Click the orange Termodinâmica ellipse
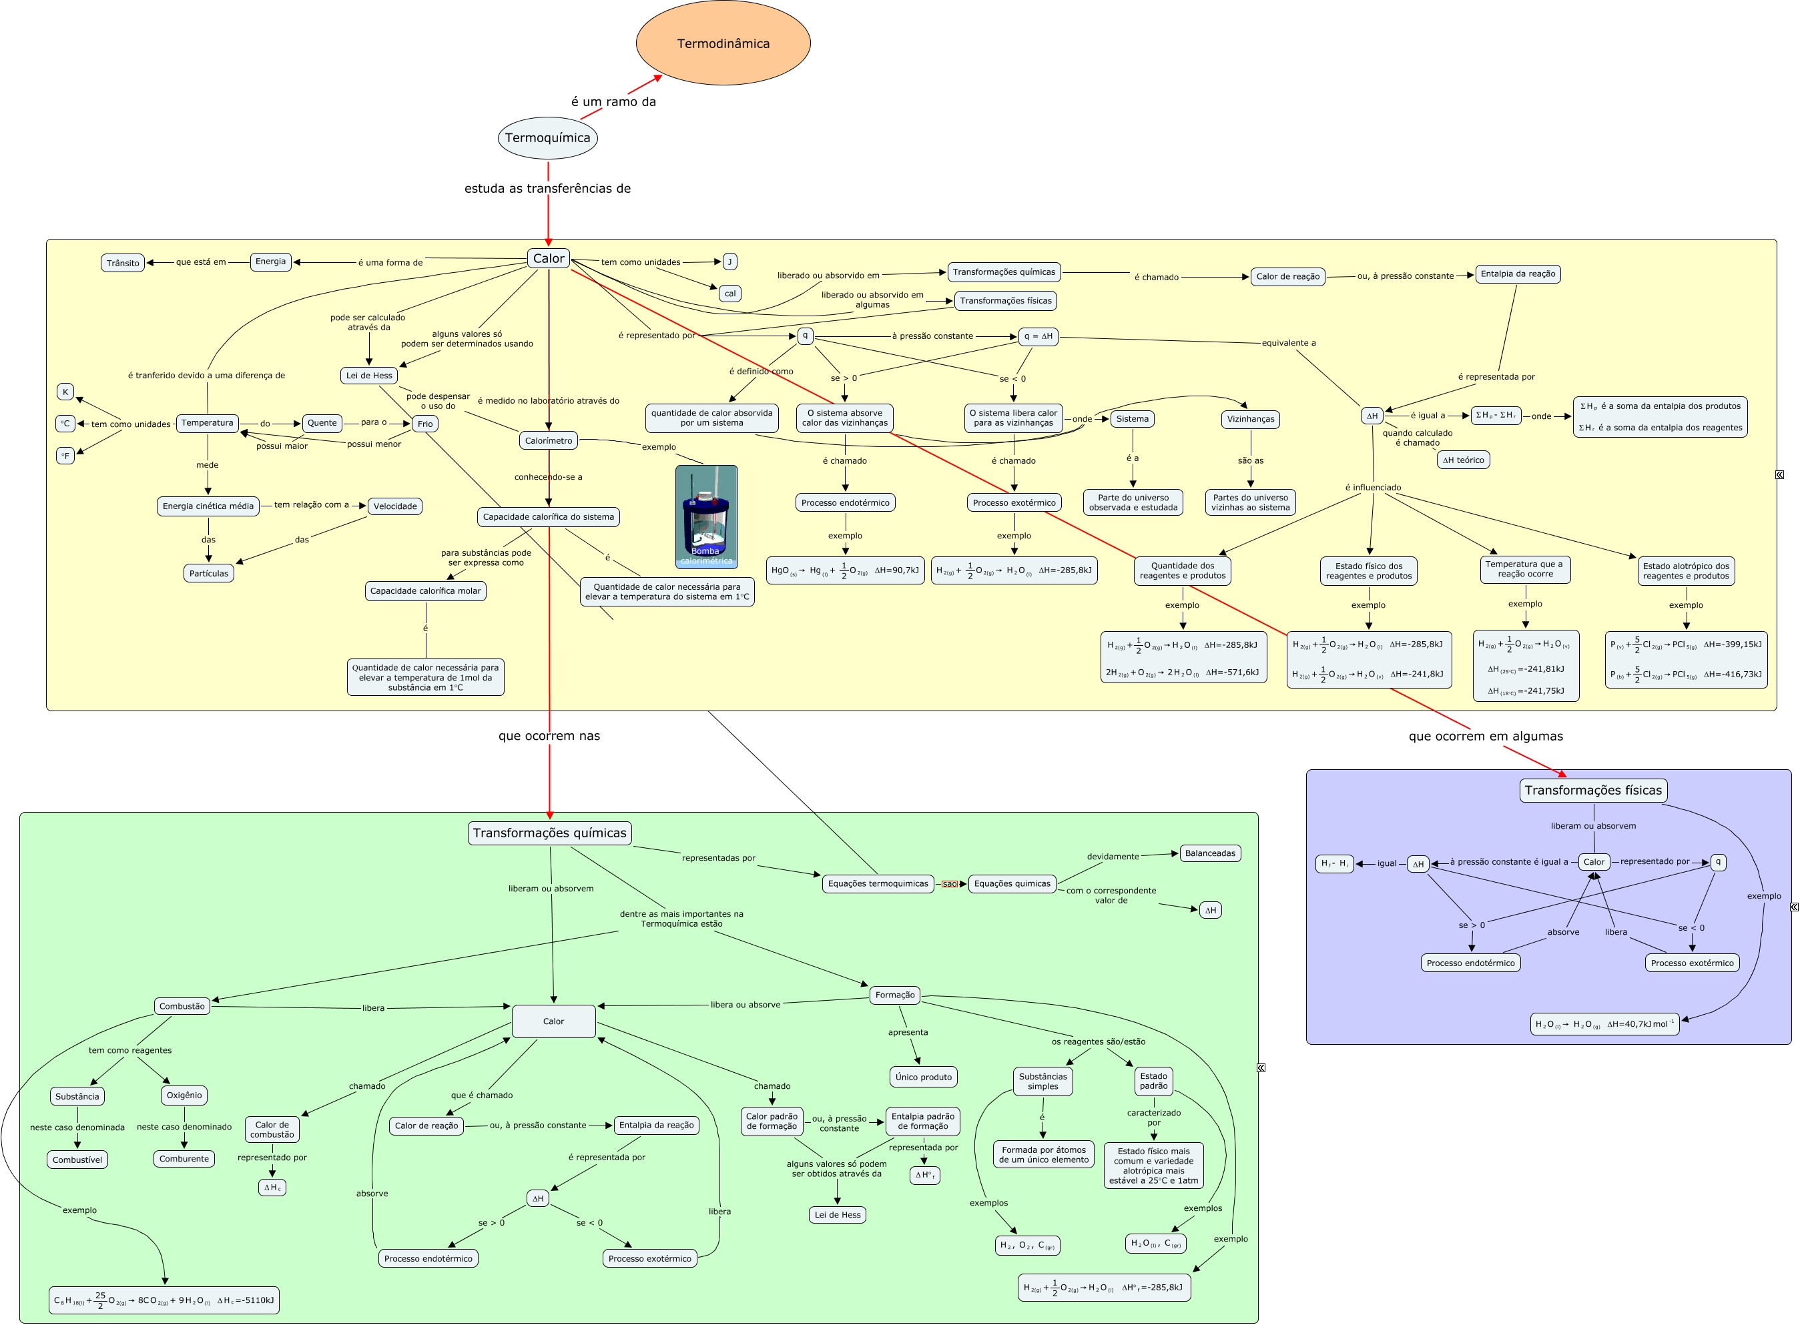(723, 43)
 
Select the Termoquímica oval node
(547, 138)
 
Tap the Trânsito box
(123, 263)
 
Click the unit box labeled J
(729, 262)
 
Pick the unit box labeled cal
(729, 294)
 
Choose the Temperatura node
(207, 423)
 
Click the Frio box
(424, 424)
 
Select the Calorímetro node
(548, 440)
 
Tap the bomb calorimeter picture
(706, 516)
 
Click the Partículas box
(208, 574)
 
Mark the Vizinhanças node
(1250, 419)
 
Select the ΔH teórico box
(1462, 460)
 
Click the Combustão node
(182, 1006)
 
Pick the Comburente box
(184, 1158)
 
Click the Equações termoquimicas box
(878, 883)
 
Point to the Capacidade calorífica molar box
(425, 591)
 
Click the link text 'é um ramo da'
(613, 102)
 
